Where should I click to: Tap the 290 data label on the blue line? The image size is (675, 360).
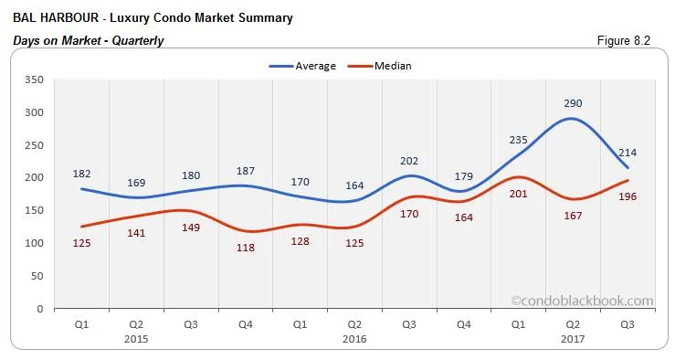coord(573,103)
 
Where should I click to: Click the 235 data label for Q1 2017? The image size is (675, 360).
coord(518,139)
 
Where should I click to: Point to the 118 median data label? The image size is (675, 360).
coord(247,248)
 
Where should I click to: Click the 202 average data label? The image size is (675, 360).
coord(409,161)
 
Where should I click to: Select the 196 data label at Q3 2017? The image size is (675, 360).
coord(628,196)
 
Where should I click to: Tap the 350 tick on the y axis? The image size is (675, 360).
coord(35,79)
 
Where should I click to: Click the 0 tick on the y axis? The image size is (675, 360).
coord(41,309)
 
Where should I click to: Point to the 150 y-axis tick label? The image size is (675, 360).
coord(35,211)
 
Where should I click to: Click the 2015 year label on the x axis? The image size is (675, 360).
coord(137,338)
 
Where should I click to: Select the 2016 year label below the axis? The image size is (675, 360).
coord(353,338)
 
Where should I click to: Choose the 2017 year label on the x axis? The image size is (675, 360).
coord(573,338)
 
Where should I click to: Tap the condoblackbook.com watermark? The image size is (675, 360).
coord(582,300)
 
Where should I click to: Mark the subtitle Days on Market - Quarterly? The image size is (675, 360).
coord(89,40)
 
